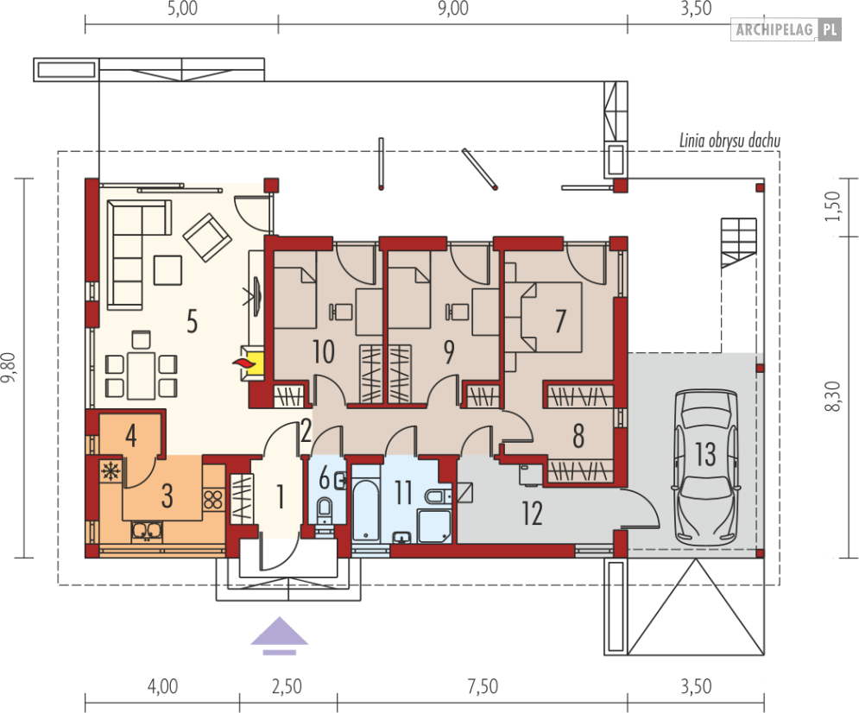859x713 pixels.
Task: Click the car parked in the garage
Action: pos(705,467)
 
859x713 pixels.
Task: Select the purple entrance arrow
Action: pos(280,636)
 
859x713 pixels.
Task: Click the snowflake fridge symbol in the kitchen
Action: pos(111,471)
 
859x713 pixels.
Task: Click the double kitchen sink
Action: pos(147,531)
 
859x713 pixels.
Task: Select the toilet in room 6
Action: pos(325,510)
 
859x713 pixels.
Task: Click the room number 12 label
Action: pos(532,513)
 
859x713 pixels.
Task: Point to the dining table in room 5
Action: pos(142,375)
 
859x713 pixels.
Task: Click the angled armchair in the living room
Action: pos(206,237)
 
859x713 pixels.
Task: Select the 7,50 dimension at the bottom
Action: pos(483,686)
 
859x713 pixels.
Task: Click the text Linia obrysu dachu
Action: pos(730,141)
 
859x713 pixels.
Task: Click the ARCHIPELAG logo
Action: pos(786,29)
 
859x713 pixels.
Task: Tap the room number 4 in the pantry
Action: pos(130,436)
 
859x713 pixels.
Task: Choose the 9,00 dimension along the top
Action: pos(453,9)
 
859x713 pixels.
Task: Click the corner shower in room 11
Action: pos(434,527)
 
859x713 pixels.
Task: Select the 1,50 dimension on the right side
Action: pos(832,206)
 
